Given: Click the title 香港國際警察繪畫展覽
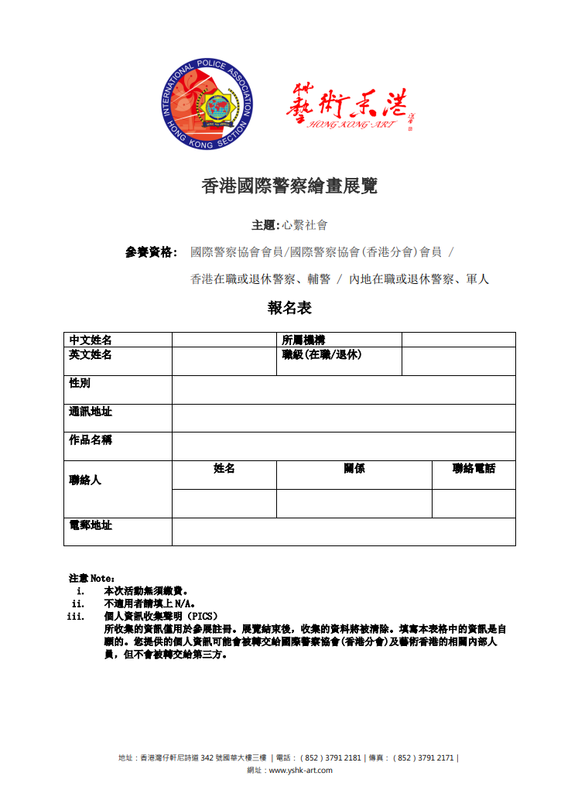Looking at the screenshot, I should [x=289, y=186].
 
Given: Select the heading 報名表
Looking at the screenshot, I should [x=289, y=308].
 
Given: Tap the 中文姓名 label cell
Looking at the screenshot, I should [x=91, y=340].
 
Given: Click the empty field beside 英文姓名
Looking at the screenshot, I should [x=224, y=361].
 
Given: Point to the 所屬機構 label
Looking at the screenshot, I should [x=303, y=340].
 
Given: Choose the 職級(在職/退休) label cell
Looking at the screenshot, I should [x=322, y=355].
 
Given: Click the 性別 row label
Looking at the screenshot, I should [x=80, y=384].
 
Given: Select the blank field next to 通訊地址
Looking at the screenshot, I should [x=344, y=418].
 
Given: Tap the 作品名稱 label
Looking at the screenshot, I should [x=91, y=440].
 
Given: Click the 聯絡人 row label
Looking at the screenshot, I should [x=85, y=480].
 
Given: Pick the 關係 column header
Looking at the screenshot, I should [x=354, y=469].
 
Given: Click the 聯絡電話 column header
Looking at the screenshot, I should [x=474, y=469].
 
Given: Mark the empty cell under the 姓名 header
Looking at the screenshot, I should [x=224, y=503].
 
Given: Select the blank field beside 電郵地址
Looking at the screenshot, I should [x=344, y=532].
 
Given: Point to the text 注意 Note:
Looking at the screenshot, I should [x=91, y=578].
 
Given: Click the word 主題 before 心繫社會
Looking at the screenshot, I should [x=263, y=225].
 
